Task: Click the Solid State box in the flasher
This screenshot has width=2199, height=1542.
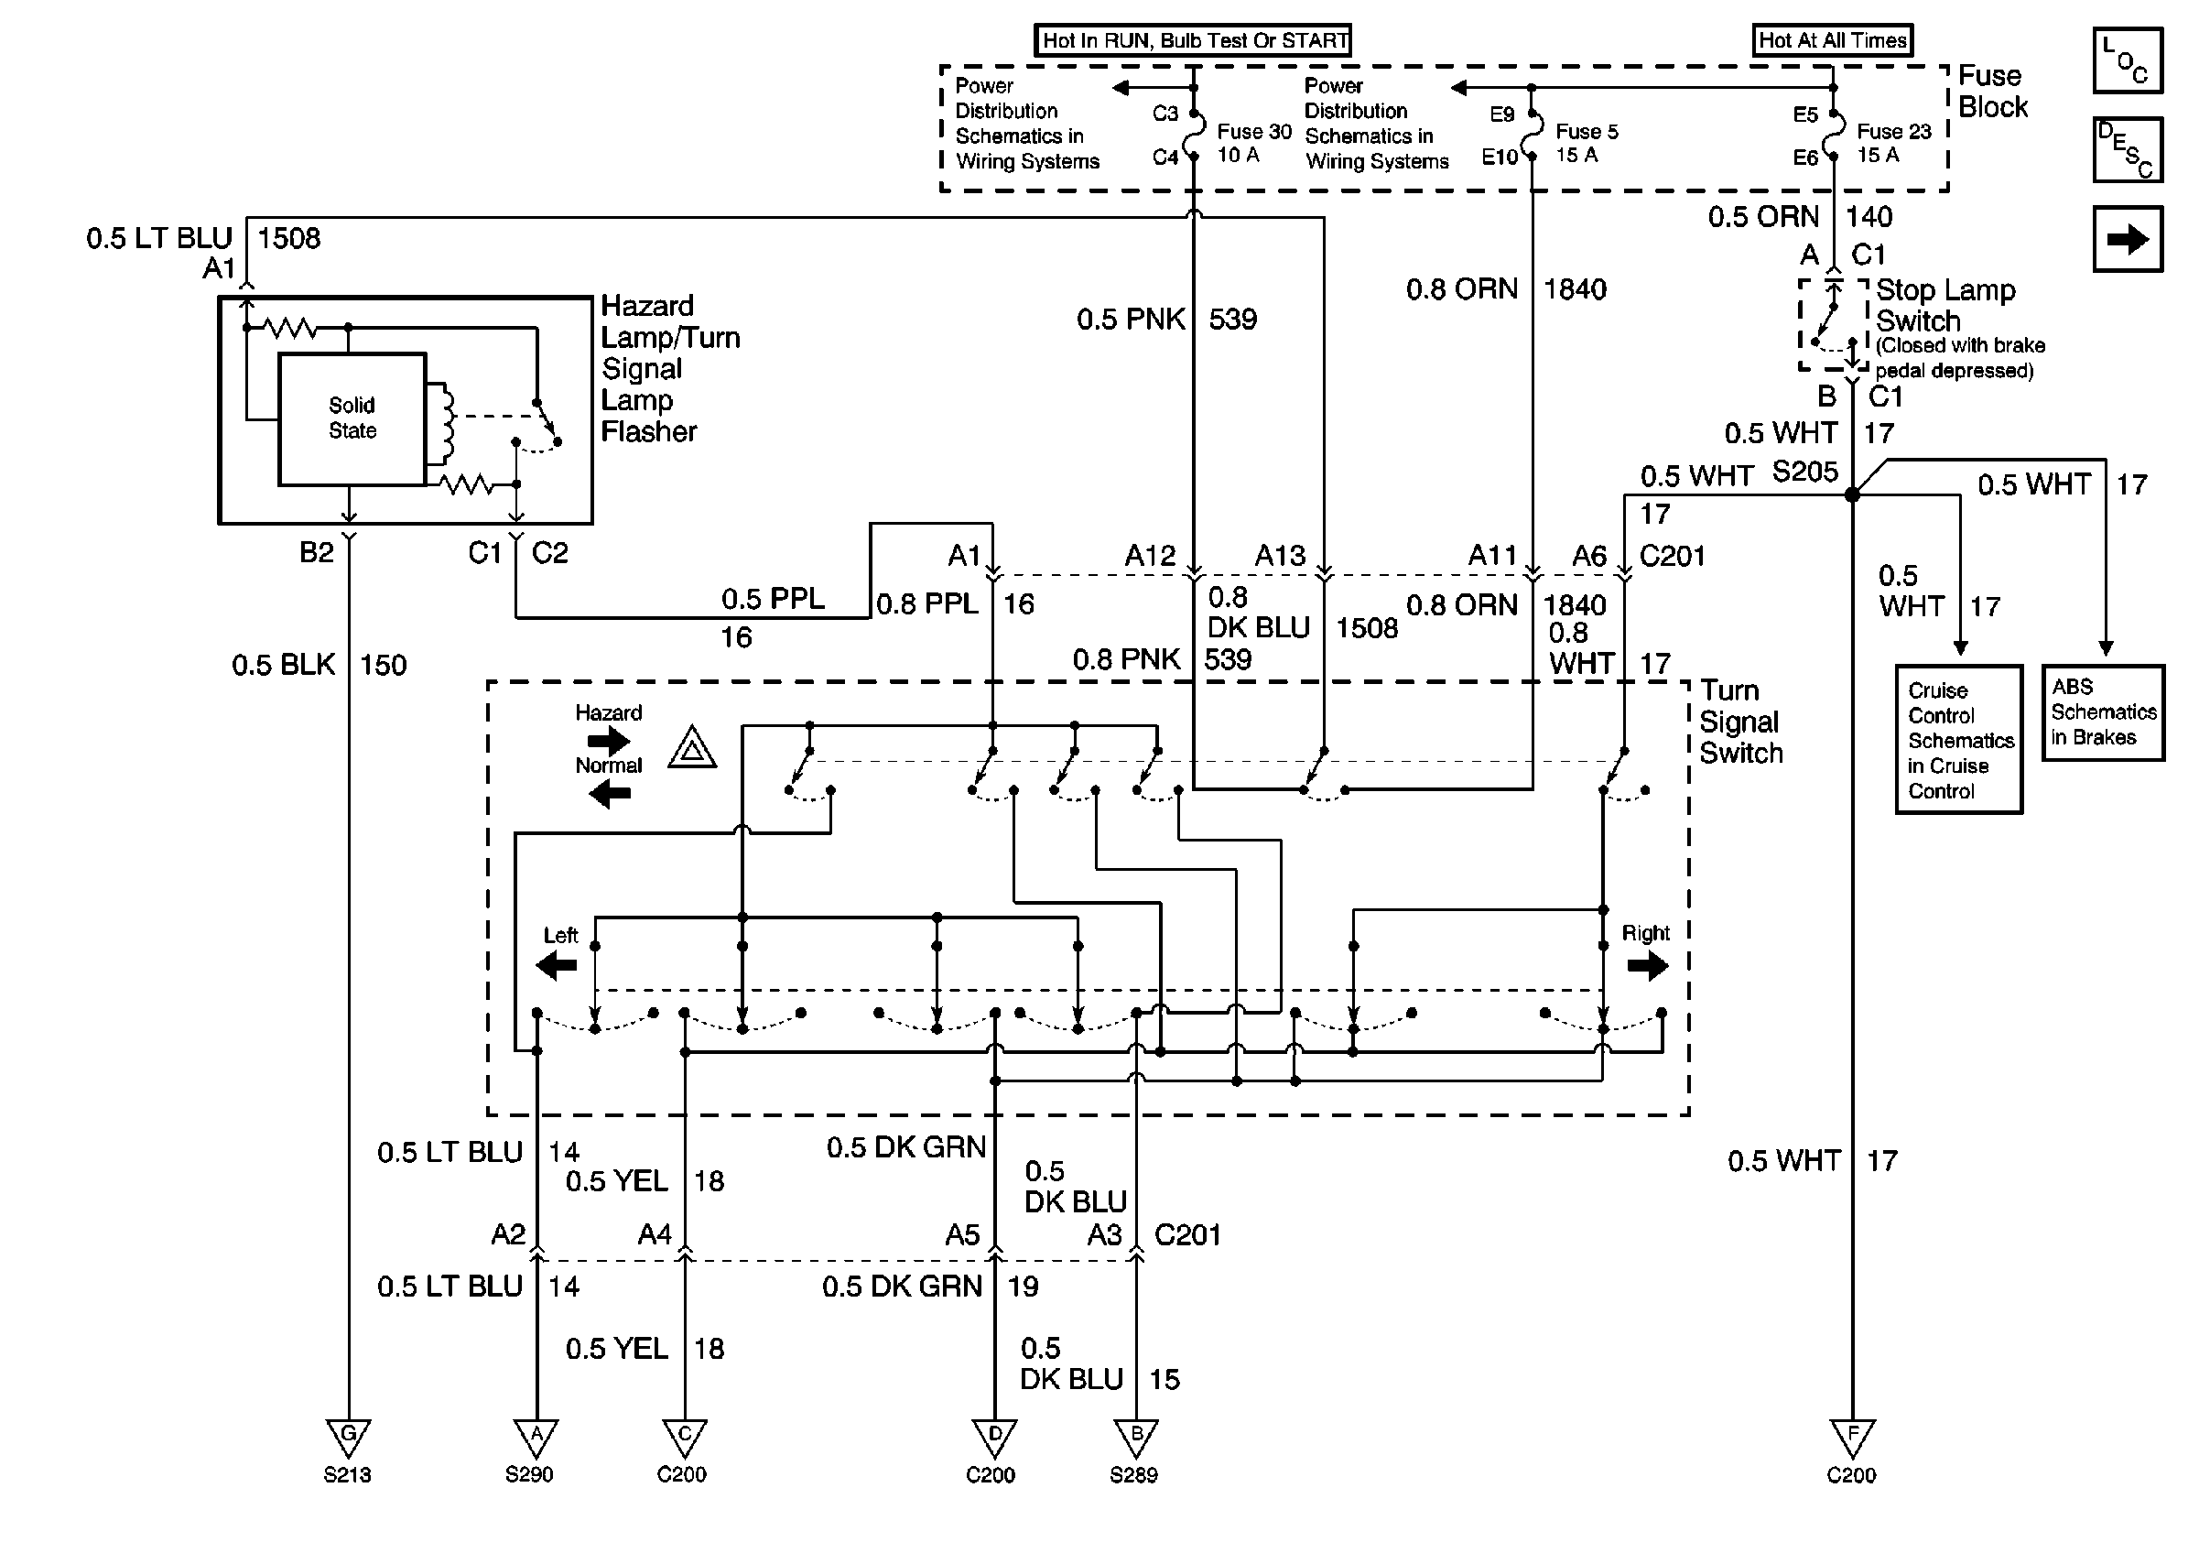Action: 352,418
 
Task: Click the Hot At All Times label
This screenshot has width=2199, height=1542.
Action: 1832,40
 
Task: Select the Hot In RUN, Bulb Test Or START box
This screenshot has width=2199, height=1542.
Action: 1194,40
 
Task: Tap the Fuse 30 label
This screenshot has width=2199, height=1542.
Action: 1253,132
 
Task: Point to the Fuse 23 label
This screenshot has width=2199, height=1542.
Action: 1893,132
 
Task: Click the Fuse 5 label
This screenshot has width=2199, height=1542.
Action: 1586,132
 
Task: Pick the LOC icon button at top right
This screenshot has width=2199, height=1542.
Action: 2128,60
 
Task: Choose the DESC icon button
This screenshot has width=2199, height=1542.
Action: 2128,149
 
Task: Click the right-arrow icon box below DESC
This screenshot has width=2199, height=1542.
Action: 2128,239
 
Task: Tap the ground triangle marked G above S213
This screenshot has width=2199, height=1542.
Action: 348,1437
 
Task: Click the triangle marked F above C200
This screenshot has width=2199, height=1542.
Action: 1851,1437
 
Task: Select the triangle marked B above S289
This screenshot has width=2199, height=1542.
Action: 1136,1437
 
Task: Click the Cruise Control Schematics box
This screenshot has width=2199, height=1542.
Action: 1958,739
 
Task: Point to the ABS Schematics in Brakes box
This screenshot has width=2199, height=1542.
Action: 2102,712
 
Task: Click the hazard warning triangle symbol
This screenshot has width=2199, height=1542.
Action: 692,750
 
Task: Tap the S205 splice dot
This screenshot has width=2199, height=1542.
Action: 1852,494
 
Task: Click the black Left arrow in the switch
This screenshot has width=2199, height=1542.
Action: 557,964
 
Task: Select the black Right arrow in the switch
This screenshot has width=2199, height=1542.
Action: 1647,966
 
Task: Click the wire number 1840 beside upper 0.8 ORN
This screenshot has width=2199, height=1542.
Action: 1576,289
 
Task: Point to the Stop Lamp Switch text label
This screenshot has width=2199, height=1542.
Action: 1944,305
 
